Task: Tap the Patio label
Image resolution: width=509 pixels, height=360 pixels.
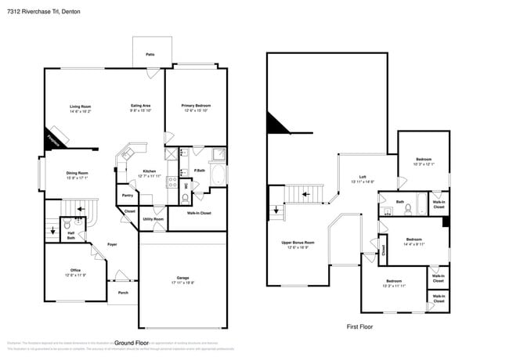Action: tap(150, 54)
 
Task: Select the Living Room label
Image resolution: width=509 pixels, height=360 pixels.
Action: tap(81, 106)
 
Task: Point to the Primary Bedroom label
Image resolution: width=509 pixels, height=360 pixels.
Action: tap(196, 106)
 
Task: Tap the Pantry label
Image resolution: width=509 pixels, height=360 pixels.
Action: tap(127, 195)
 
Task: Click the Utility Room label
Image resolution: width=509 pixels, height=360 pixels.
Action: tap(153, 219)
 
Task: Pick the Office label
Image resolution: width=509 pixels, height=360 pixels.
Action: tap(75, 270)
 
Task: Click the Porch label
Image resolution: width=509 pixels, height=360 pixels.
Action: tap(123, 293)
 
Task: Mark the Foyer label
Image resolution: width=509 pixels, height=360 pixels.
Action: tap(112, 243)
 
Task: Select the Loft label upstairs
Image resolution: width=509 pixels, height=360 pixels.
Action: tap(362, 176)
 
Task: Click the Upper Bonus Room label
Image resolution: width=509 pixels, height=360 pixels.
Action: tap(298, 243)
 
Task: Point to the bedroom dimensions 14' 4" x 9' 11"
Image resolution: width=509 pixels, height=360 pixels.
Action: tap(414, 244)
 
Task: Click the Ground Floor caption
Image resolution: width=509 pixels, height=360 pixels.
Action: tap(132, 343)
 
